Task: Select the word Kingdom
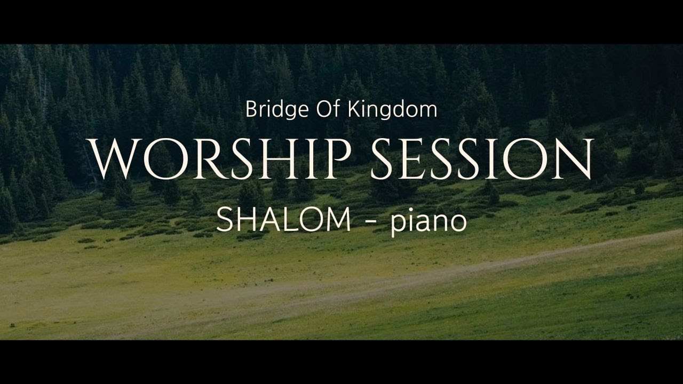[x=393, y=109]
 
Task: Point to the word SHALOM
[x=283, y=220]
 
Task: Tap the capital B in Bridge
[x=251, y=109]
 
